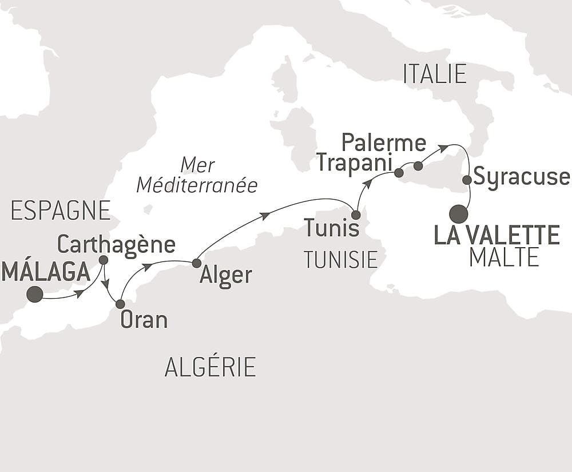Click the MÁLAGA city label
(x=46, y=271)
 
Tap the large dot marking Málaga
(x=35, y=294)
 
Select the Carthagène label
(x=116, y=245)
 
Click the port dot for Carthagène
(x=104, y=260)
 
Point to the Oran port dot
(x=120, y=304)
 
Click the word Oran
(x=144, y=320)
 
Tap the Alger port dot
(x=196, y=263)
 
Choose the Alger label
(x=226, y=276)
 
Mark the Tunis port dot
(x=356, y=215)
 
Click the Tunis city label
(x=332, y=228)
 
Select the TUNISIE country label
(x=341, y=260)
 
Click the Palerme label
(x=384, y=142)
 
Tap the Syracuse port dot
(x=467, y=180)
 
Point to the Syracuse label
(x=522, y=177)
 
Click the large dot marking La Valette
(x=459, y=214)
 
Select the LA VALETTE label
(x=497, y=235)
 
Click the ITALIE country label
(x=435, y=74)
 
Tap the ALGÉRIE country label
(x=210, y=367)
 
